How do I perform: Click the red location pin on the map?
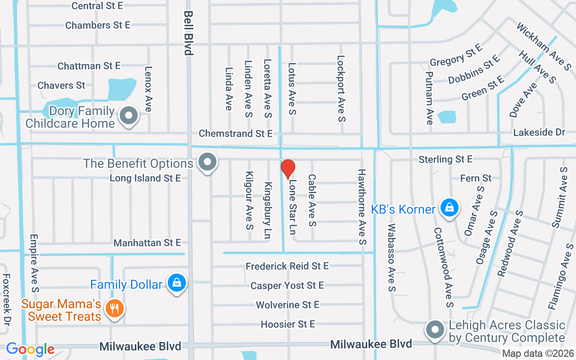pyautogui.click(x=288, y=169)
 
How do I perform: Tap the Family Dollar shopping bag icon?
pyautogui.click(x=177, y=283)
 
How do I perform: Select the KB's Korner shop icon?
pyautogui.click(x=449, y=208)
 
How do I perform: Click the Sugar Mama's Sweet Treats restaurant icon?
pyautogui.click(x=115, y=308)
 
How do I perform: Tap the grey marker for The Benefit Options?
pyautogui.click(x=207, y=162)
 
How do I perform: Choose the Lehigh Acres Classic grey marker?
pyautogui.click(x=435, y=330)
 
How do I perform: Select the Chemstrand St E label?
pyautogui.click(x=236, y=134)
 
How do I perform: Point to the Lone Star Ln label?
pyautogui.click(x=293, y=207)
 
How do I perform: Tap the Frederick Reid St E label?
pyautogui.click(x=287, y=266)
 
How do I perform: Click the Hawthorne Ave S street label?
pyautogui.click(x=362, y=207)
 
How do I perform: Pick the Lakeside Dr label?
pyautogui.click(x=539, y=132)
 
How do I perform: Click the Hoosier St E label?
pyautogui.click(x=288, y=324)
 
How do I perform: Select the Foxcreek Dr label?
pyautogui.click(x=6, y=299)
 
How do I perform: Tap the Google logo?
pyautogui.click(x=30, y=349)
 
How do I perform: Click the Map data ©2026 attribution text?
pyautogui.click(x=537, y=354)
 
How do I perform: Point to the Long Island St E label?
pyautogui.click(x=145, y=178)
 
